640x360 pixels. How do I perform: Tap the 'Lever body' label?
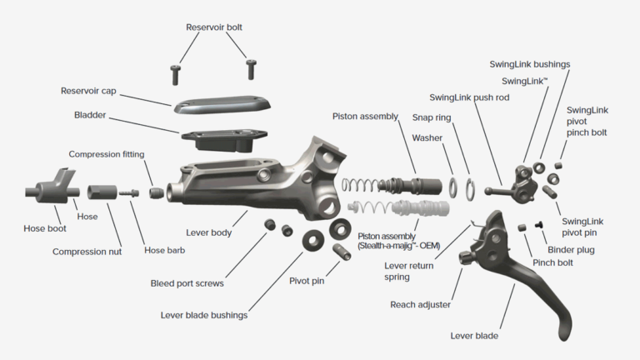[x=208, y=232]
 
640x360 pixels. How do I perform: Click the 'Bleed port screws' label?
[x=187, y=283]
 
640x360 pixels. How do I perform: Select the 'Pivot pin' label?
[x=307, y=281]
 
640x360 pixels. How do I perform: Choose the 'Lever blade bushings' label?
[x=203, y=315]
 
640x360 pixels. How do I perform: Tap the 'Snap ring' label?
[x=432, y=117]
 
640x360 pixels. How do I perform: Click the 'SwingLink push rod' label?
[x=469, y=97]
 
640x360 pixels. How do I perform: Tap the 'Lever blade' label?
[x=474, y=336]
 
